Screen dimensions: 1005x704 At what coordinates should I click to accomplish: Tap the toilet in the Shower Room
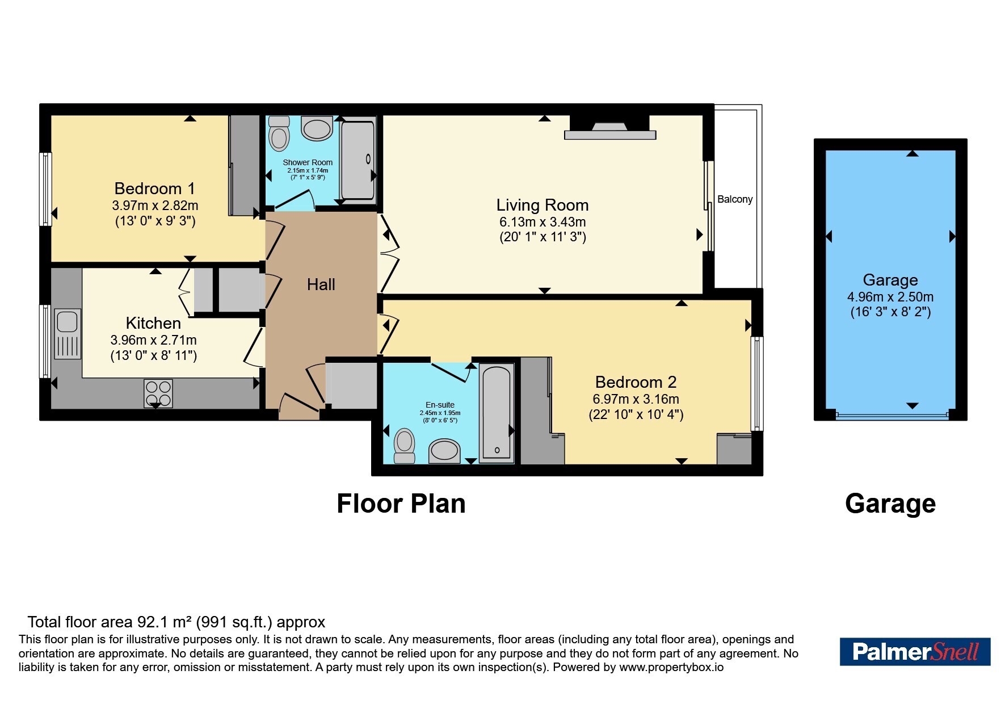point(279,133)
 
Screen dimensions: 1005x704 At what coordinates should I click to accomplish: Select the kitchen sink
point(68,334)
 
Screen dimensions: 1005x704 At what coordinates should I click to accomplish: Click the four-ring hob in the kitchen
point(158,393)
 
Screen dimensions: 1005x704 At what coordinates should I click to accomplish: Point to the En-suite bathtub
point(497,413)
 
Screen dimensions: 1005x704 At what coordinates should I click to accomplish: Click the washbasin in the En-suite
point(444,451)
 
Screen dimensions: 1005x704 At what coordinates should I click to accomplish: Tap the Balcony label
point(735,199)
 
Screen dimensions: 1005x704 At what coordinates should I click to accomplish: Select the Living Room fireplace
point(610,127)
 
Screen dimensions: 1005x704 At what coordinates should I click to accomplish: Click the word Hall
point(321,284)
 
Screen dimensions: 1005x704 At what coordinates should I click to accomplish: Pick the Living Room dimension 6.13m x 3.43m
point(543,222)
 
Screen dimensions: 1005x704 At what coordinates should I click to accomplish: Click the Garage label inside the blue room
point(890,280)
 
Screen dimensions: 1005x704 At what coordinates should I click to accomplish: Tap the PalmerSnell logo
point(915,651)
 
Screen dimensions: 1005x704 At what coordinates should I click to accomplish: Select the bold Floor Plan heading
point(401,504)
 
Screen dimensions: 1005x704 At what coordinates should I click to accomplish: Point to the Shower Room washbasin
point(317,128)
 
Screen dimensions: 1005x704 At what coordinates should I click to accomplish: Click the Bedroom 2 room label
point(636,382)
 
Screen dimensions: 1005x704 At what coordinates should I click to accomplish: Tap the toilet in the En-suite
point(405,446)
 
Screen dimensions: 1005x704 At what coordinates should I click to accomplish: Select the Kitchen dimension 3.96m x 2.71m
point(154,340)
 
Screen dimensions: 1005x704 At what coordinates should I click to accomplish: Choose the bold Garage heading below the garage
point(890,504)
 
